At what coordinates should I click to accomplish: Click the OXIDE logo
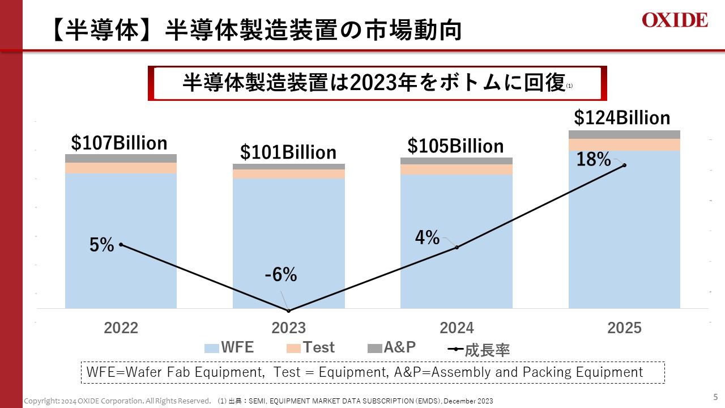click(675, 20)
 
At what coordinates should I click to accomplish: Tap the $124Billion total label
click(622, 118)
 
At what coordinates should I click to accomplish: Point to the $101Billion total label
click(288, 152)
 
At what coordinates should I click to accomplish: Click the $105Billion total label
click(455, 146)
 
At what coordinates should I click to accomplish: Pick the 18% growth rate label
click(594, 160)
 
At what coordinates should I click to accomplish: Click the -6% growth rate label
click(280, 275)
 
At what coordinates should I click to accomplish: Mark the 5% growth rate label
click(102, 245)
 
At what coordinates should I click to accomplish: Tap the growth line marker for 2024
click(457, 247)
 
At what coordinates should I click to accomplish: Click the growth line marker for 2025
click(624, 165)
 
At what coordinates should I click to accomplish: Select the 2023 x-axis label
click(289, 328)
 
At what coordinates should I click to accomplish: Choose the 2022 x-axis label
click(121, 328)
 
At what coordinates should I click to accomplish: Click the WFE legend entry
click(229, 348)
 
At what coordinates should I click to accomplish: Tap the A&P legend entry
click(392, 348)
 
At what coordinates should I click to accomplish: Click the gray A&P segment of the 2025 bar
click(624, 134)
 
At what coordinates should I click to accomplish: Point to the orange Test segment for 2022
click(121, 168)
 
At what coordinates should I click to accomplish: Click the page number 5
click(715, 397)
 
